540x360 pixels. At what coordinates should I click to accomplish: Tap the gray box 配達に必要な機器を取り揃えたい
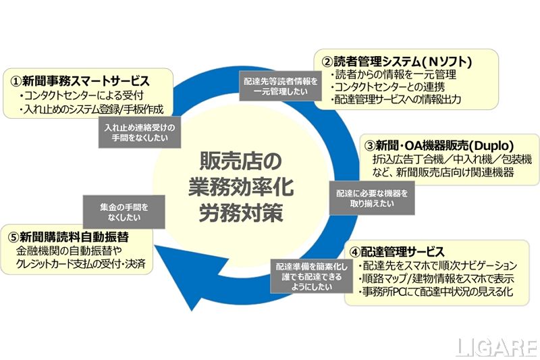372,197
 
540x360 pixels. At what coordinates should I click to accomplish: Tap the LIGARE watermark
495,346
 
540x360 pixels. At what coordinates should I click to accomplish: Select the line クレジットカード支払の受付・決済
82,263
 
